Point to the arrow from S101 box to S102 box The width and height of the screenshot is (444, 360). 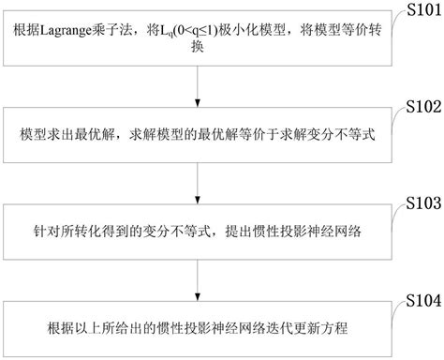coord(199,85)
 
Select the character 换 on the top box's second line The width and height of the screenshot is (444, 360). coord(199,52)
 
